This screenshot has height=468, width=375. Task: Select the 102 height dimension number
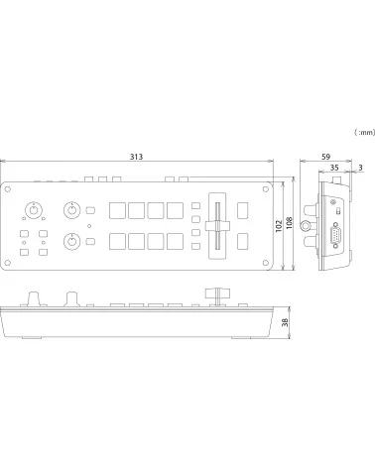pos(282,225)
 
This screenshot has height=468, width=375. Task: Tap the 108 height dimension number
pos(291,225)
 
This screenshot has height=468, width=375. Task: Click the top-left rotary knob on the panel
pos(35,209)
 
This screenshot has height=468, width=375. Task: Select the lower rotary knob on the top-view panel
pos(71,241)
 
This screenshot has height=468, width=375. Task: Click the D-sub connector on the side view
pos(334,239)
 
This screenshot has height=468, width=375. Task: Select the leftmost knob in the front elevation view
pos(35,298)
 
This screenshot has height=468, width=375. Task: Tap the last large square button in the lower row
pos(175,240)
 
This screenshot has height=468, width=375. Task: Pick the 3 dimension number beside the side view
pos(359,168)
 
